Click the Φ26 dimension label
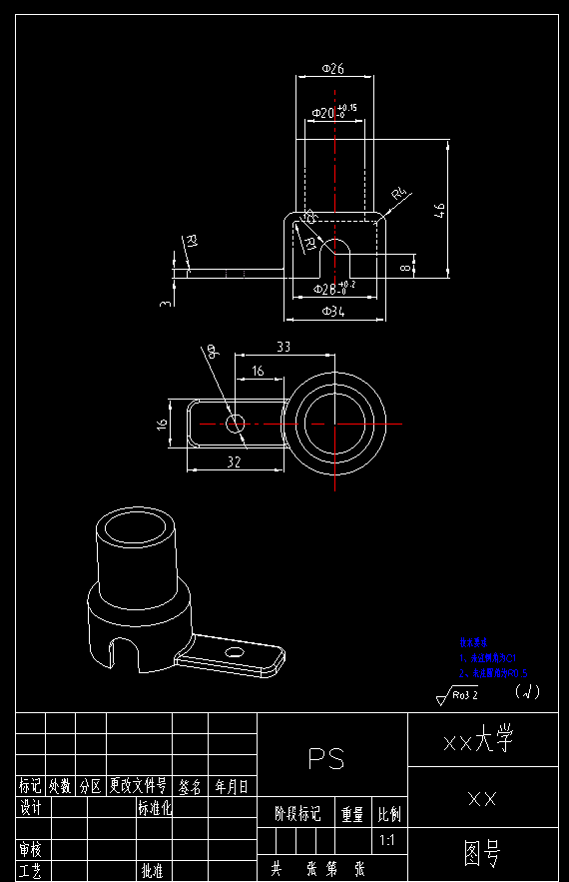[x=333, y=68]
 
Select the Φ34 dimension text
[x=334, y=312]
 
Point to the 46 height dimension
[x=439, y=209]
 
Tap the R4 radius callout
[x=400, y=194]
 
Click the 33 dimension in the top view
[x=283, y=347]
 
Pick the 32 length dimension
[x=234, y=461]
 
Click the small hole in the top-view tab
[x=235, y=425]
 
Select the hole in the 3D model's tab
[x=235, y=652]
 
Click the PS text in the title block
[x=326, y=759]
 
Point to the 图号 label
[x=483, y=853]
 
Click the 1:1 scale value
[x=387, y=840]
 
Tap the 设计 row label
[x=30, y=807]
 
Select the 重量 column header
[x=352, y=814]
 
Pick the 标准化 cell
[x=155, y=807]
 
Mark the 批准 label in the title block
[x=152, y=871]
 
